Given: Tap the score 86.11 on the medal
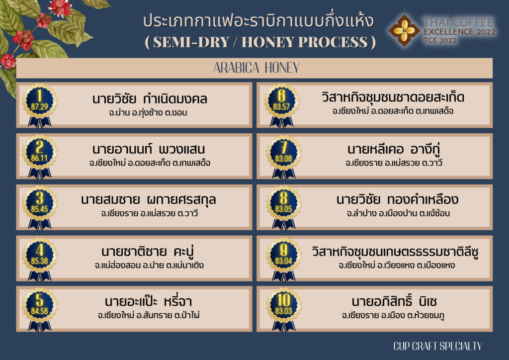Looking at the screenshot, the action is (x=39, y=158).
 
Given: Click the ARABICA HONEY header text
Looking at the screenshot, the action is (x=256, y=68).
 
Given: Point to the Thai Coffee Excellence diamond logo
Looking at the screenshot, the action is (x=404, y=30).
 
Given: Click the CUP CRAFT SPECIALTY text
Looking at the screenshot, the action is (x=437, y=346).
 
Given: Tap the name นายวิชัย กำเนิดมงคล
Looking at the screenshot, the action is (x=150, y=98).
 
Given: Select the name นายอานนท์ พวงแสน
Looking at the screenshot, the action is (x=149, y=149).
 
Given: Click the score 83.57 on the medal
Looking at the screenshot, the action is (x=281, y=107).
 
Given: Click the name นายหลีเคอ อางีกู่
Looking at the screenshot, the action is (x=394, y=149).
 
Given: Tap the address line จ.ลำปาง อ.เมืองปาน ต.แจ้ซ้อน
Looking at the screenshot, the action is (x=398, y=213).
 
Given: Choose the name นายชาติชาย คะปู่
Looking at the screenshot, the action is (x=147, y=252).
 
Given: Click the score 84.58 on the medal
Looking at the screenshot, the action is (x=39, y=311).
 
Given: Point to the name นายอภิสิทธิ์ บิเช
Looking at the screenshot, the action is (x=394, y=301).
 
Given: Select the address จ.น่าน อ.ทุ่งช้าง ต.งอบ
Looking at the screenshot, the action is (x=148, y=113).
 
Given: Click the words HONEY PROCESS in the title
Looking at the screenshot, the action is (x=305, y=42).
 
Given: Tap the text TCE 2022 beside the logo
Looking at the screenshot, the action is (x=440, y=41).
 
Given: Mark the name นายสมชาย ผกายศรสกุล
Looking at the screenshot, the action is (x=148, y=200).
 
